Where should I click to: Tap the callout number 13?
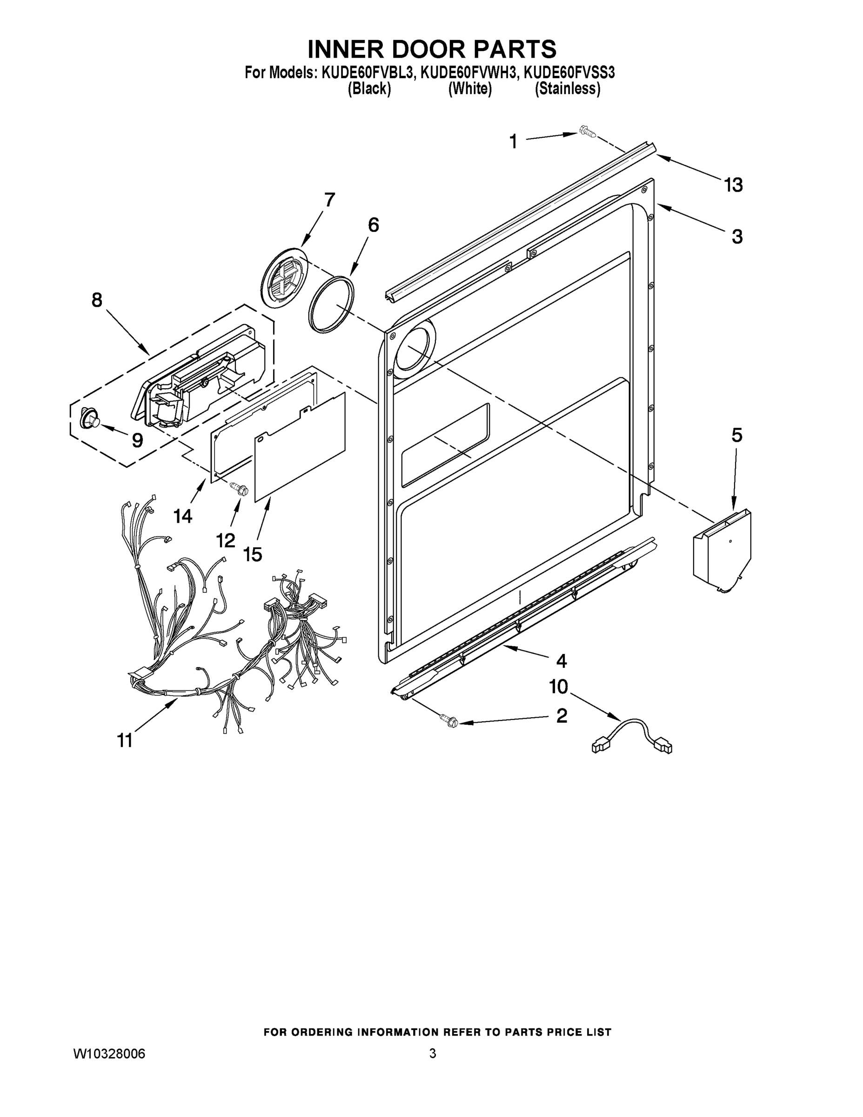coord(733,185)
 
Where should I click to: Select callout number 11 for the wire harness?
coord(125,740)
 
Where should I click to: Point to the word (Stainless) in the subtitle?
coord(568,89)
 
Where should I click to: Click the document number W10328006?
coord(110,1054)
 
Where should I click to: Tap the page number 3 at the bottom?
coord(433,1054)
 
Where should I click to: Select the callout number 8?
coord(97,300)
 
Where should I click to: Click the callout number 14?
coord(182,516)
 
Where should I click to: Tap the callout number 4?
coord(562,661)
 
